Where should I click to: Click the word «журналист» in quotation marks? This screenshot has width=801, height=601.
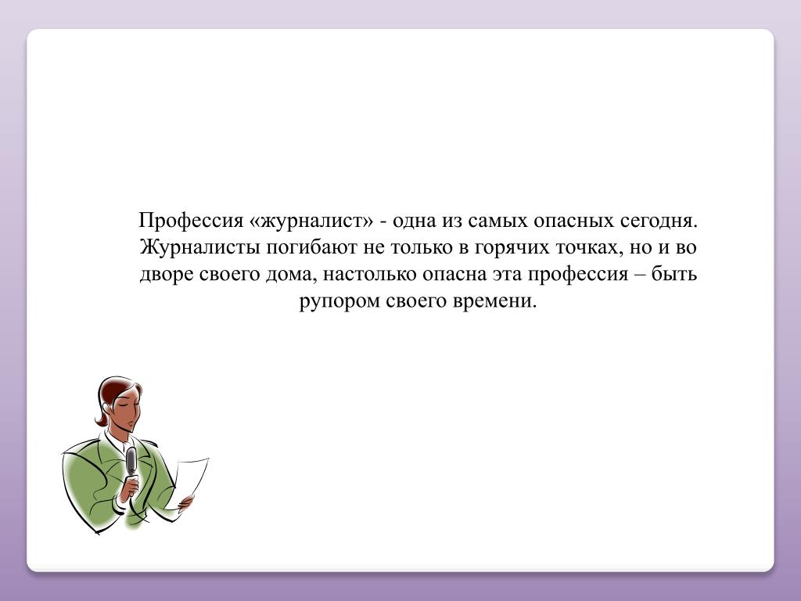[312, 221]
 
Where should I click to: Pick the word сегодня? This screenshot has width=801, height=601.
[659, 221]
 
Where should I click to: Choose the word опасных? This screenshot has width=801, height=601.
[573, 221]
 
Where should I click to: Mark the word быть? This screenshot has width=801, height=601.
[674, 273]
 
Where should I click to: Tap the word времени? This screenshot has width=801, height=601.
[495, 301]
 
